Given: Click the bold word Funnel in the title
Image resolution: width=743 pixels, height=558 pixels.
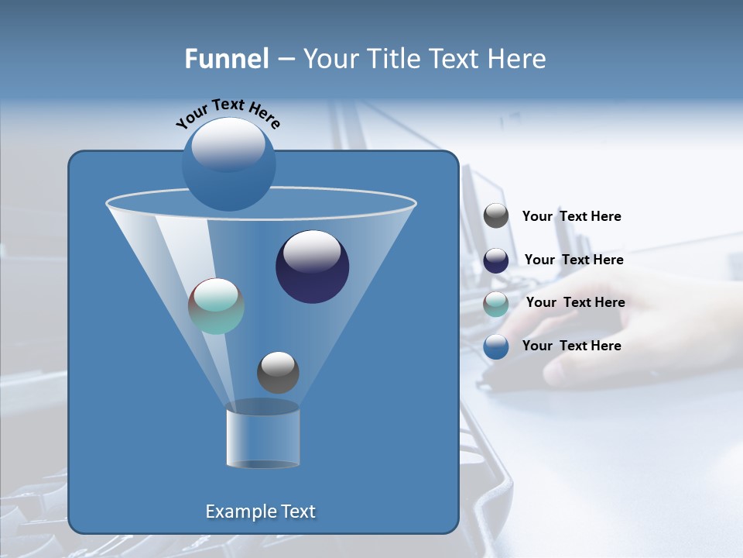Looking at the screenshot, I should click(226, 59).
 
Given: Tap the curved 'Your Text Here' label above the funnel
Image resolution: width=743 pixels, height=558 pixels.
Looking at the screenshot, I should click(228, 113).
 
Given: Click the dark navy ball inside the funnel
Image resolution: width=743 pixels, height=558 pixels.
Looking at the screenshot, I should click(312, 267).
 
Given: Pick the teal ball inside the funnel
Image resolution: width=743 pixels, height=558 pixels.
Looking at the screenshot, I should click(216, 306).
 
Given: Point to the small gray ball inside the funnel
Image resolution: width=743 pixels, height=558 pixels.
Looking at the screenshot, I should click(278, 373).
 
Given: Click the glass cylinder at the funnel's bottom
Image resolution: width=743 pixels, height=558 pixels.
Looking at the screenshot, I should click(262, 438).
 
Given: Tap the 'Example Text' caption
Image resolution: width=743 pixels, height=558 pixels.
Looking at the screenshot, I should click(260, 511).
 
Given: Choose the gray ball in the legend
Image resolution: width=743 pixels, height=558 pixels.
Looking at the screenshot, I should click(496, 216).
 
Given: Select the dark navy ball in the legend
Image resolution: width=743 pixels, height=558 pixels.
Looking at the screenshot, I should click(496, 260).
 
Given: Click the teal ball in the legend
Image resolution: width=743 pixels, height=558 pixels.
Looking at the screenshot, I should click(496, 304).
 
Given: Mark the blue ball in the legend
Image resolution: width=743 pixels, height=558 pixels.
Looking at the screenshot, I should click(496, 346).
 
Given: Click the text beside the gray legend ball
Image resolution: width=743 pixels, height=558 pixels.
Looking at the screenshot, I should click(571, 217).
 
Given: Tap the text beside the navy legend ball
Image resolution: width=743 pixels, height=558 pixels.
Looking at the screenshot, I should click(574, 260).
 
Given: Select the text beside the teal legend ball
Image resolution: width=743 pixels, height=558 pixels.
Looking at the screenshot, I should click(575, 303).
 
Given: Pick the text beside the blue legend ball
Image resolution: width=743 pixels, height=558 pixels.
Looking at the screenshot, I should click(571, 346).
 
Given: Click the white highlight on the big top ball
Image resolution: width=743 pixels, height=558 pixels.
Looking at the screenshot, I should click(228, 143).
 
